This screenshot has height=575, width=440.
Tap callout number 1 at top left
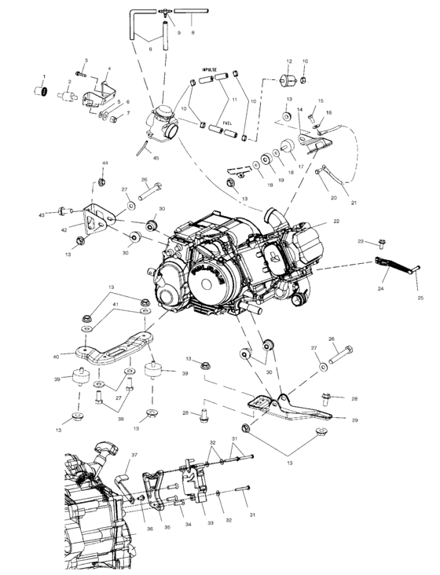click(x=44, y=75)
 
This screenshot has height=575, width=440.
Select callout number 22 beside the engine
click(x=335, y=221)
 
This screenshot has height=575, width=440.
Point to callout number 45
click(x=156, y=158)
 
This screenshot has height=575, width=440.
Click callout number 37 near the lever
click(x=134, y=455)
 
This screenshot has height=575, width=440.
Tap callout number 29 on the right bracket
click(x=354, y=421)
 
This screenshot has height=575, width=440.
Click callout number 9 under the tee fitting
click(x=178, y=33)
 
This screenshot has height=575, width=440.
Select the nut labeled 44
click(x=103, y=182)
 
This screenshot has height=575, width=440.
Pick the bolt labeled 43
click(x=63, y=211)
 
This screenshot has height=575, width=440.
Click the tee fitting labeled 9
click(x=166, y=13)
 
